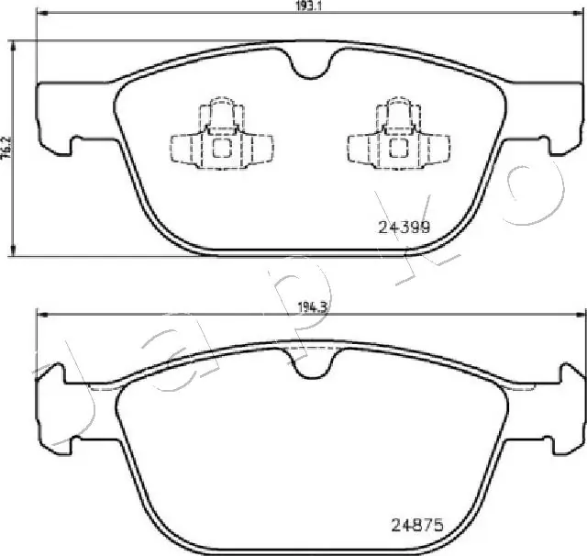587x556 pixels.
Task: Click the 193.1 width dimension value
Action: tap(309, 6)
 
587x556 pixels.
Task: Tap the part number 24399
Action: tap(404, 228)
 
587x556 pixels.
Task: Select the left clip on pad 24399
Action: tap(219, 139)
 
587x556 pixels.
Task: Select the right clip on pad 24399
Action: tap(398, 139)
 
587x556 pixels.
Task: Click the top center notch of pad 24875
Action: tap(311, 365)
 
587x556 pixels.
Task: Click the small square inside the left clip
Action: tap(221, 147)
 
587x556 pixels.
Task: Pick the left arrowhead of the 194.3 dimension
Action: tap(39, 315)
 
